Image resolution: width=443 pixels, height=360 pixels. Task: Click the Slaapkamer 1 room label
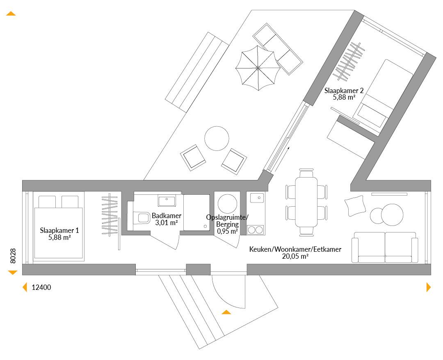[x=59, y=234]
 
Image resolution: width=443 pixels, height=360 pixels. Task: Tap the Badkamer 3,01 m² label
[x=167, y=219]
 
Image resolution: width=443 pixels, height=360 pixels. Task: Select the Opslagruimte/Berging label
[x=227, y=224]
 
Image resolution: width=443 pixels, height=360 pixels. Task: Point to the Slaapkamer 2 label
[x=344, y=94]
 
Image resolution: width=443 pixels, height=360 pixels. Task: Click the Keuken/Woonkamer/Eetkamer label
[x=295, y=253]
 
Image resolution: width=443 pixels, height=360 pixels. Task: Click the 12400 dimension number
[x=41, y=287]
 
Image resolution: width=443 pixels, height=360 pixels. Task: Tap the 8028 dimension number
[x=13, y=256]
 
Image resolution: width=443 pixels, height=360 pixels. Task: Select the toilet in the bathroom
[x=141, y=218]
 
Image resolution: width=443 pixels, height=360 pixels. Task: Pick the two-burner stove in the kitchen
[x=256, y=230]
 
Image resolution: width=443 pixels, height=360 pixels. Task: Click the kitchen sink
[x=257, y=198]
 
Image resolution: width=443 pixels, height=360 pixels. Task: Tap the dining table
[x=306, y=202]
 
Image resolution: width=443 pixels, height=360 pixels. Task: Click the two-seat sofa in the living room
[x=385, y=247]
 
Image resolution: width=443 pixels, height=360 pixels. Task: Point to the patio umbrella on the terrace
[x=258, y=68]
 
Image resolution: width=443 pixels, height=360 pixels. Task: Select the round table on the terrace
[x=217, y=138]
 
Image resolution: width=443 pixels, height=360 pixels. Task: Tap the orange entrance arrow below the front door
[x=226, y=312]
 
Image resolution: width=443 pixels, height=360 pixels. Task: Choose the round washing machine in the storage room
[x=227, y=204]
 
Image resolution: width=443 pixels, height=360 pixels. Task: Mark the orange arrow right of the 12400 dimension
[x=429, y=287]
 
